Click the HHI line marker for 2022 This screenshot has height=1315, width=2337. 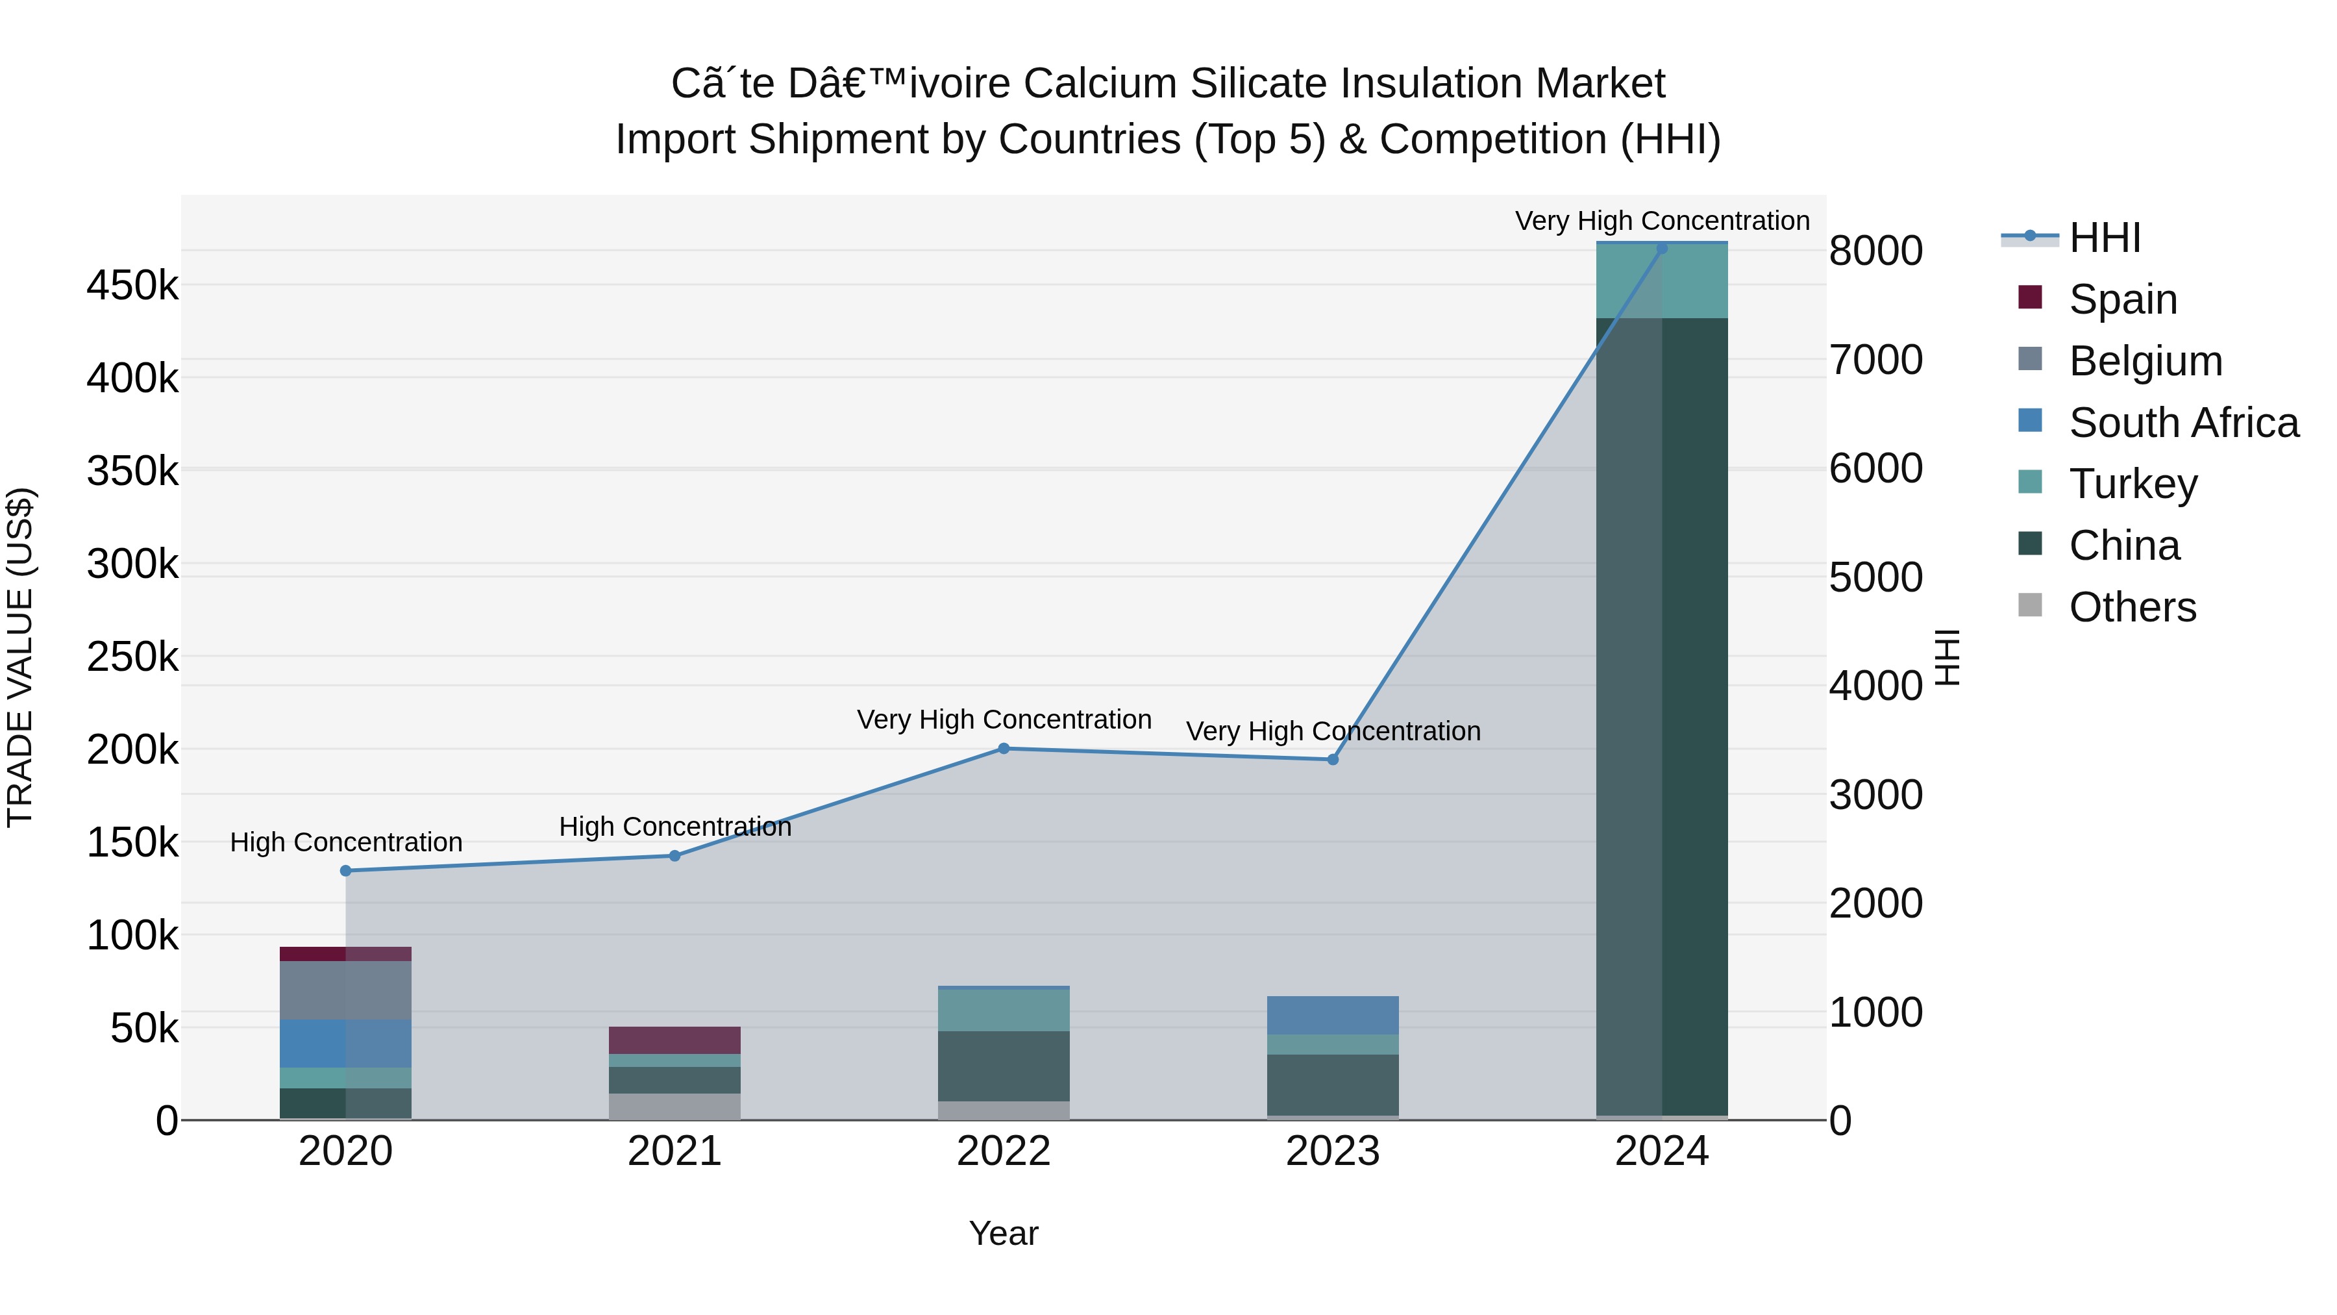click(x=1004, y=749)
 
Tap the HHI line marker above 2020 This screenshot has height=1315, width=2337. click(x=345, y=871)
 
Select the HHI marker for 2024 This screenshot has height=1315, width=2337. click(x=1662, y=248)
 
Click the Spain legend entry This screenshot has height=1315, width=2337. click(x=2122, y=299)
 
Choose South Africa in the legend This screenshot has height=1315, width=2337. click(x=2182, y=422)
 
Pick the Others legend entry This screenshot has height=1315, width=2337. click(x=2132, y=607)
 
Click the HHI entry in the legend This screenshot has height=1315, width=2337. click(x=2104, y=238)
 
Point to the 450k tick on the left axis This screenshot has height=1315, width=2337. click(x=132, y=286)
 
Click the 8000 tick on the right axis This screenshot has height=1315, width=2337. click(x=1875, y=251)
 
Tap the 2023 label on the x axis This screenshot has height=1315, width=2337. click(x=1332, y=1151)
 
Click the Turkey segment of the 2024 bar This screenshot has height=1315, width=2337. click(x=1662, y=281)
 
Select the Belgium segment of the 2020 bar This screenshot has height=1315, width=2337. click(x=345, y=990)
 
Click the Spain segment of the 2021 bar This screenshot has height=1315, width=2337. click(x=674, y=1040)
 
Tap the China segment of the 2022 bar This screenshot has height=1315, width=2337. click(x=1004, y=1066)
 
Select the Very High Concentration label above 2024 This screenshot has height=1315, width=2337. click(x=1662, y=221)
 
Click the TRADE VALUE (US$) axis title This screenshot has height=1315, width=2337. click(x=20, y=657)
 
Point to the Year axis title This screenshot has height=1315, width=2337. click(x=1004, y=1233)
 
